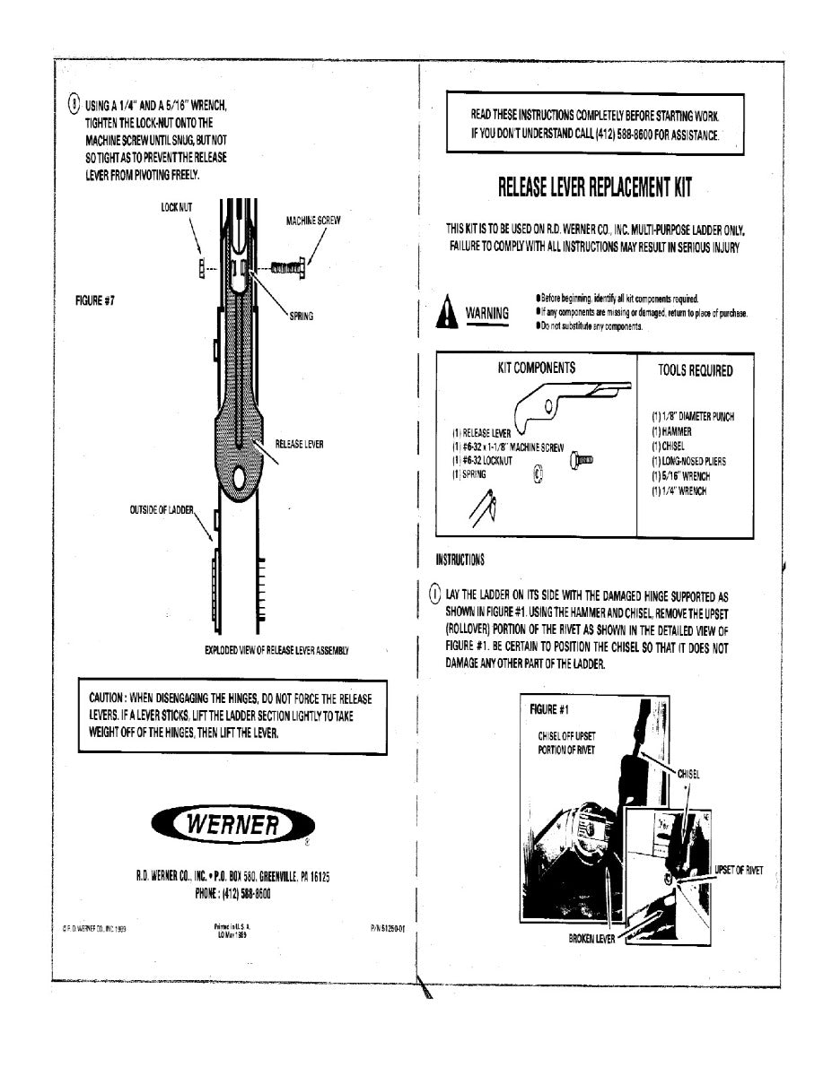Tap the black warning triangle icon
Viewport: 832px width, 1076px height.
[446, 313]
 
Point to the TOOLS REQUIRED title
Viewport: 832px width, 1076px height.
[695, 370]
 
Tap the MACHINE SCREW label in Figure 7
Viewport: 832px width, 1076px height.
[313, 220]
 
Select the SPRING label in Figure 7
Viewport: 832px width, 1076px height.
[301, 317]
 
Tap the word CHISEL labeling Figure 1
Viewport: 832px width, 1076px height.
[689, 773]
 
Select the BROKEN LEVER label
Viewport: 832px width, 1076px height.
[592, 940]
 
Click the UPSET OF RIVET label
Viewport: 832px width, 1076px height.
[738, 872]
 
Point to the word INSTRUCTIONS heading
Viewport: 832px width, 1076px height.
[460, 560]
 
